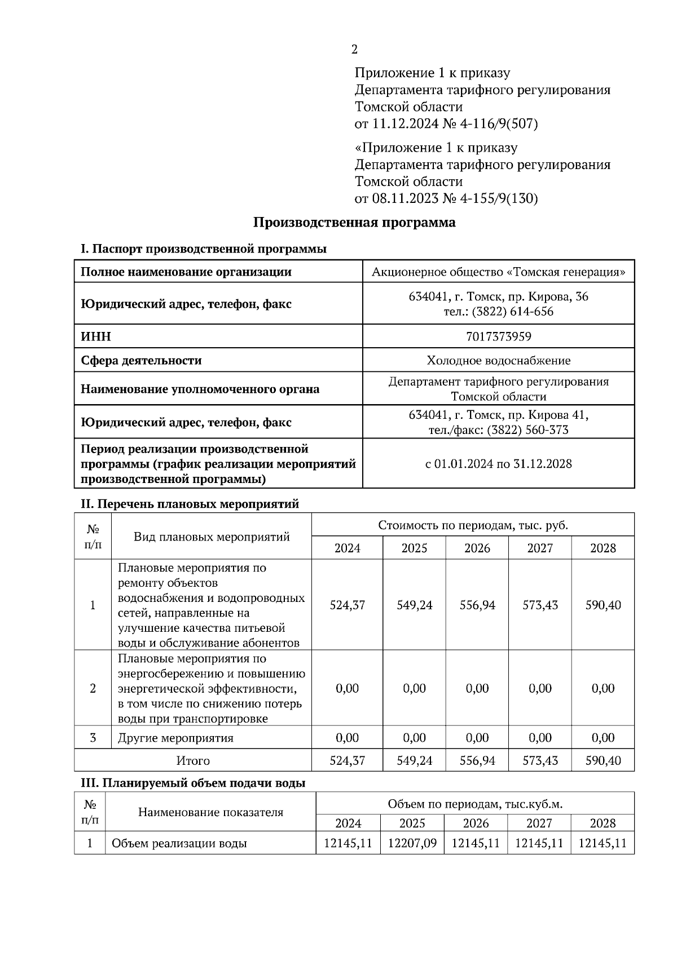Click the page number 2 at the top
point(354,50)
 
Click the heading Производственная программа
point(354,222)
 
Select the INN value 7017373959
point(498,336)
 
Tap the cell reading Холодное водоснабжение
point(498,360)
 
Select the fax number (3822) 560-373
point(527,430)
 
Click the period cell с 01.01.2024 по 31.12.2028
point(498,464)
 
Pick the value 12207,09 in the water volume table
point(412,843)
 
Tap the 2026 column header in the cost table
point(477,548)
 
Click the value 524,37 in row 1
point(347,605)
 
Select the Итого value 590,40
point(603,760)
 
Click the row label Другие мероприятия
point(175,738)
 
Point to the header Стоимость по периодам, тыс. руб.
point(473,525)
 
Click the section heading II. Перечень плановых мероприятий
point(190,504)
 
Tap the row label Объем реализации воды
point(179,843)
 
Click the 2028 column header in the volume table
point(603,823)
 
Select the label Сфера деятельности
point(141,360)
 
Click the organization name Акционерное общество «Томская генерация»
point(498,272)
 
